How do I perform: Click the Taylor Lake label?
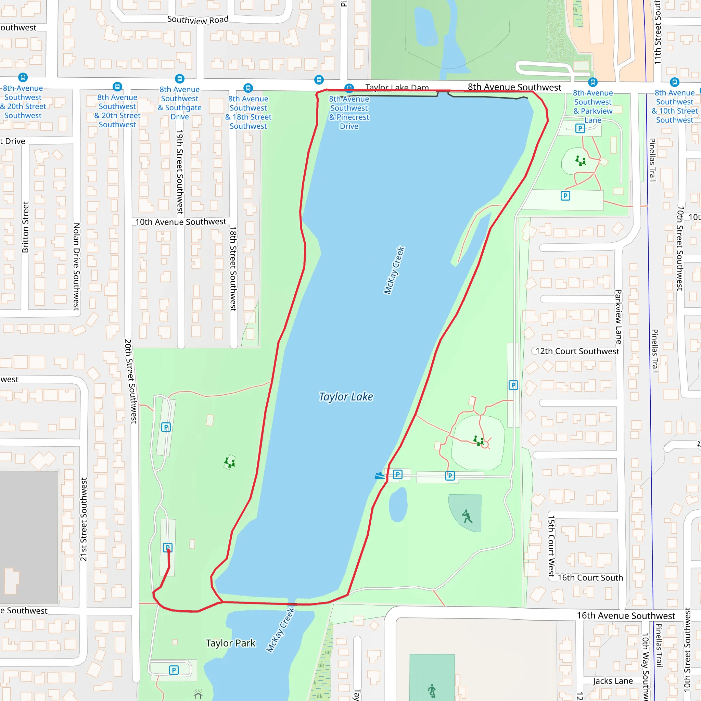346,397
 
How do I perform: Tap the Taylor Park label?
230,643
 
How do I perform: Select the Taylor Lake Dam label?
397,87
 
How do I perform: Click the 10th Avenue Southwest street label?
181,222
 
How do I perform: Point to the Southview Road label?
198,20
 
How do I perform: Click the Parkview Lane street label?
619,316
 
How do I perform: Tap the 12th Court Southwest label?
577,351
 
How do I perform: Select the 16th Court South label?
590,578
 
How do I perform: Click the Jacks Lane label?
613,681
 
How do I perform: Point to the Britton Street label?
25,227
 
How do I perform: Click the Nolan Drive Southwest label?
76,267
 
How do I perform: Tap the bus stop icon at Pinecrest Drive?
349,88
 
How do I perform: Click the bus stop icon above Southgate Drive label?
180,78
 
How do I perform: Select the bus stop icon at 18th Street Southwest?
248,88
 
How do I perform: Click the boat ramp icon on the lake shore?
380,475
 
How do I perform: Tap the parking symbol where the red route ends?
168,548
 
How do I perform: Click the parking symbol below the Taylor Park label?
174,670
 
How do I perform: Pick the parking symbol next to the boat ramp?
398,474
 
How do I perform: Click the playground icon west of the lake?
230,462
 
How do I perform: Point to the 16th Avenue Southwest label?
626,616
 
